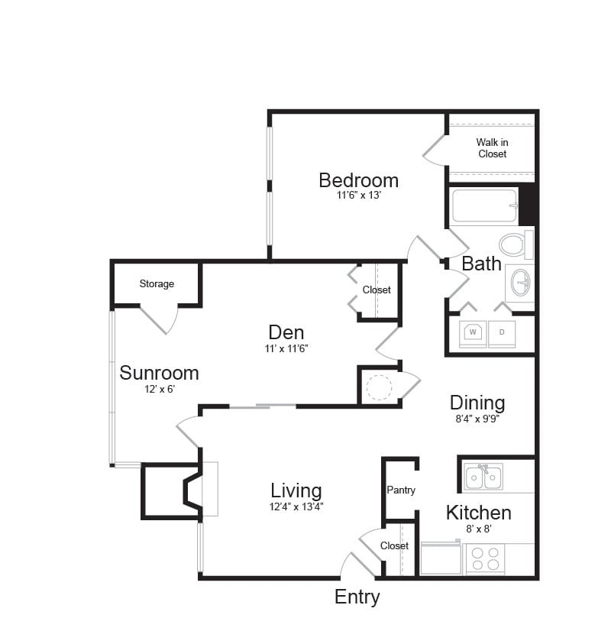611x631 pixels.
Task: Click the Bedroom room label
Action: (x=358, y=180)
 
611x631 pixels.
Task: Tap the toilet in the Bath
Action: (x=513, y=244)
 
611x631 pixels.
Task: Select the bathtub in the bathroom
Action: (x=484, y=205)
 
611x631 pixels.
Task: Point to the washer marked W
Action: (x=473, y=333)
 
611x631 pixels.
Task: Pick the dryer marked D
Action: (x=502, y=333)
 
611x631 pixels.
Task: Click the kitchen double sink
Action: (x=483, y=477)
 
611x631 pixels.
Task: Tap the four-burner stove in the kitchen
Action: (x=484, y=559)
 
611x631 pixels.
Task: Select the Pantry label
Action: (x=401, y=490)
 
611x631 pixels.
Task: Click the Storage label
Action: (x=157, y=284)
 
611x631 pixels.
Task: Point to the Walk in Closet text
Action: (x=492, y=147)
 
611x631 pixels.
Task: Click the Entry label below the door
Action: (x=357, y=597)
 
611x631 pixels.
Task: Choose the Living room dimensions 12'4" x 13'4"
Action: (x=296, y=506)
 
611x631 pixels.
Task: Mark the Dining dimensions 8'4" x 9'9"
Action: (x=477, y=418)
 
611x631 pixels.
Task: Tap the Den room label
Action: (x=286, y=332)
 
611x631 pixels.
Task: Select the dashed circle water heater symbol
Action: (x=379, y=387)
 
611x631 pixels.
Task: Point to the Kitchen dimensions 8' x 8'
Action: (x=478, y=527)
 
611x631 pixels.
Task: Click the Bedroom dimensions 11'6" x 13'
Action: (x=358, y=196)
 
